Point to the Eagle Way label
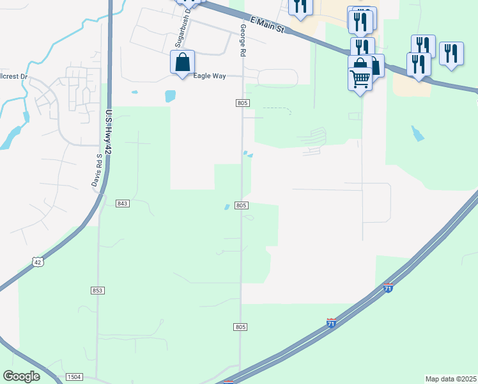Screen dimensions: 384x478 (x=210, y=76)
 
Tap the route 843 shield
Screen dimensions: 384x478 (x=123, y=204)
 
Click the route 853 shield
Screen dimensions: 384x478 (x=97, y=291)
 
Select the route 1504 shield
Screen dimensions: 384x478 (x=73, y=378)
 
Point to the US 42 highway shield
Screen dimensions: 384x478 (x=38, y=261)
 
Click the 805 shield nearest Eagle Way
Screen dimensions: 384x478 (x=241, y=103)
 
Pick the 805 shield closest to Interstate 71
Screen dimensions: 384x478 (x=240, y=327)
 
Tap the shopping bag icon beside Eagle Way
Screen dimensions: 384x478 (x=182, y=62)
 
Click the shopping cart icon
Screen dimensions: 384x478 (x=360, y=79)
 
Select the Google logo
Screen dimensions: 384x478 (x=22, y=376)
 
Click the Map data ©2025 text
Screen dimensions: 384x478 (x=451, y=379)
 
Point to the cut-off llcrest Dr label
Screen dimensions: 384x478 (x=14, y=76)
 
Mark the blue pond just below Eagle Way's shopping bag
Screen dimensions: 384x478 (x=170, y=96)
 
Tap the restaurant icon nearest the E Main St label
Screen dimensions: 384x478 (x=300, y=6)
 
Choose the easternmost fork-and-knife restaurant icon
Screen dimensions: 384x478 (x=451, y=54)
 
